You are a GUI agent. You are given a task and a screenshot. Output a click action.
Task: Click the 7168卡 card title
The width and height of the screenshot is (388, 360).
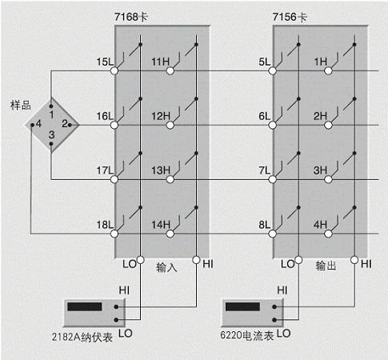click(x=131, y=17)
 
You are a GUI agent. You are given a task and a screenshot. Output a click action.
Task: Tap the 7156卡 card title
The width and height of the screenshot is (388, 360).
click(x=290, y=17)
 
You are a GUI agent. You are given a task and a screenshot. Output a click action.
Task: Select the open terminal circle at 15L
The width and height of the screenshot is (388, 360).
click(x=114, y=70)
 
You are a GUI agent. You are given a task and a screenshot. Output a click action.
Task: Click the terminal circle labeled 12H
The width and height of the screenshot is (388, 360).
click(x=170, y=125)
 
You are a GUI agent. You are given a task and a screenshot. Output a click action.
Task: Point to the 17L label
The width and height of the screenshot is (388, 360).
click(x=105, y=170)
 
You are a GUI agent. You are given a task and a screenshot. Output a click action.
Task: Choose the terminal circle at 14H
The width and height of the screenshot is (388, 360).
click(x=170, y=234)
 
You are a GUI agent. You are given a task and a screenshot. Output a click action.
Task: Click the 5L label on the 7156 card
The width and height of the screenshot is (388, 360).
click(x=265, y=62)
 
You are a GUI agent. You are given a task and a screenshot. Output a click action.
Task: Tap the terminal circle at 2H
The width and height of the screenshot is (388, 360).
click(x=328, y=125)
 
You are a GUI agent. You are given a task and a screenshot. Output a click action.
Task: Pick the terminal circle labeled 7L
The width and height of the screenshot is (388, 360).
click(x=272, y=179)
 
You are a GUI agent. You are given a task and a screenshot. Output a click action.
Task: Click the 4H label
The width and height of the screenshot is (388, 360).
click(x=320, y=225)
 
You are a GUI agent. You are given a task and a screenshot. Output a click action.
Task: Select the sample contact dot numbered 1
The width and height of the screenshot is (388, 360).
click(x=51, y=106)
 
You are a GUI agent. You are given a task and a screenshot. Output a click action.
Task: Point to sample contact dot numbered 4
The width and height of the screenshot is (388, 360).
click(x=32, y=125)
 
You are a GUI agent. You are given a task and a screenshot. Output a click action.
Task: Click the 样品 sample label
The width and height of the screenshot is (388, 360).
click(x=21, y=105)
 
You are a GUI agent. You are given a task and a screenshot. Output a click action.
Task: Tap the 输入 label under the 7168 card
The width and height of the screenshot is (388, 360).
click(x=166, y=267)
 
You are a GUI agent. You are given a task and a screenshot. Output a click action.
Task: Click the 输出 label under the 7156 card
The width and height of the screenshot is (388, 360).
click(x=326, y=266)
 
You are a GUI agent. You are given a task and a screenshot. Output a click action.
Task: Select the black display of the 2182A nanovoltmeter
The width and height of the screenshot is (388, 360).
click(x=85, y=306)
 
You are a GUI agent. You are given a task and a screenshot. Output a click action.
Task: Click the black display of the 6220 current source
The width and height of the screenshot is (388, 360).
click(x=242, y=306)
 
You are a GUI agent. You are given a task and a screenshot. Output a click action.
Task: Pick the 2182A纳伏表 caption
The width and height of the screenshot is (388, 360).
click(x=82, y=338)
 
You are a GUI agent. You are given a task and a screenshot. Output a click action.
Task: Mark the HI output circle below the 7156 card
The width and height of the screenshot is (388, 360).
click(x=354, y=260)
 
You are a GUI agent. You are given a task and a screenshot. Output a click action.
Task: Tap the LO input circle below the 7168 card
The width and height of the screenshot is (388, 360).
click(x=140, y=260)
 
